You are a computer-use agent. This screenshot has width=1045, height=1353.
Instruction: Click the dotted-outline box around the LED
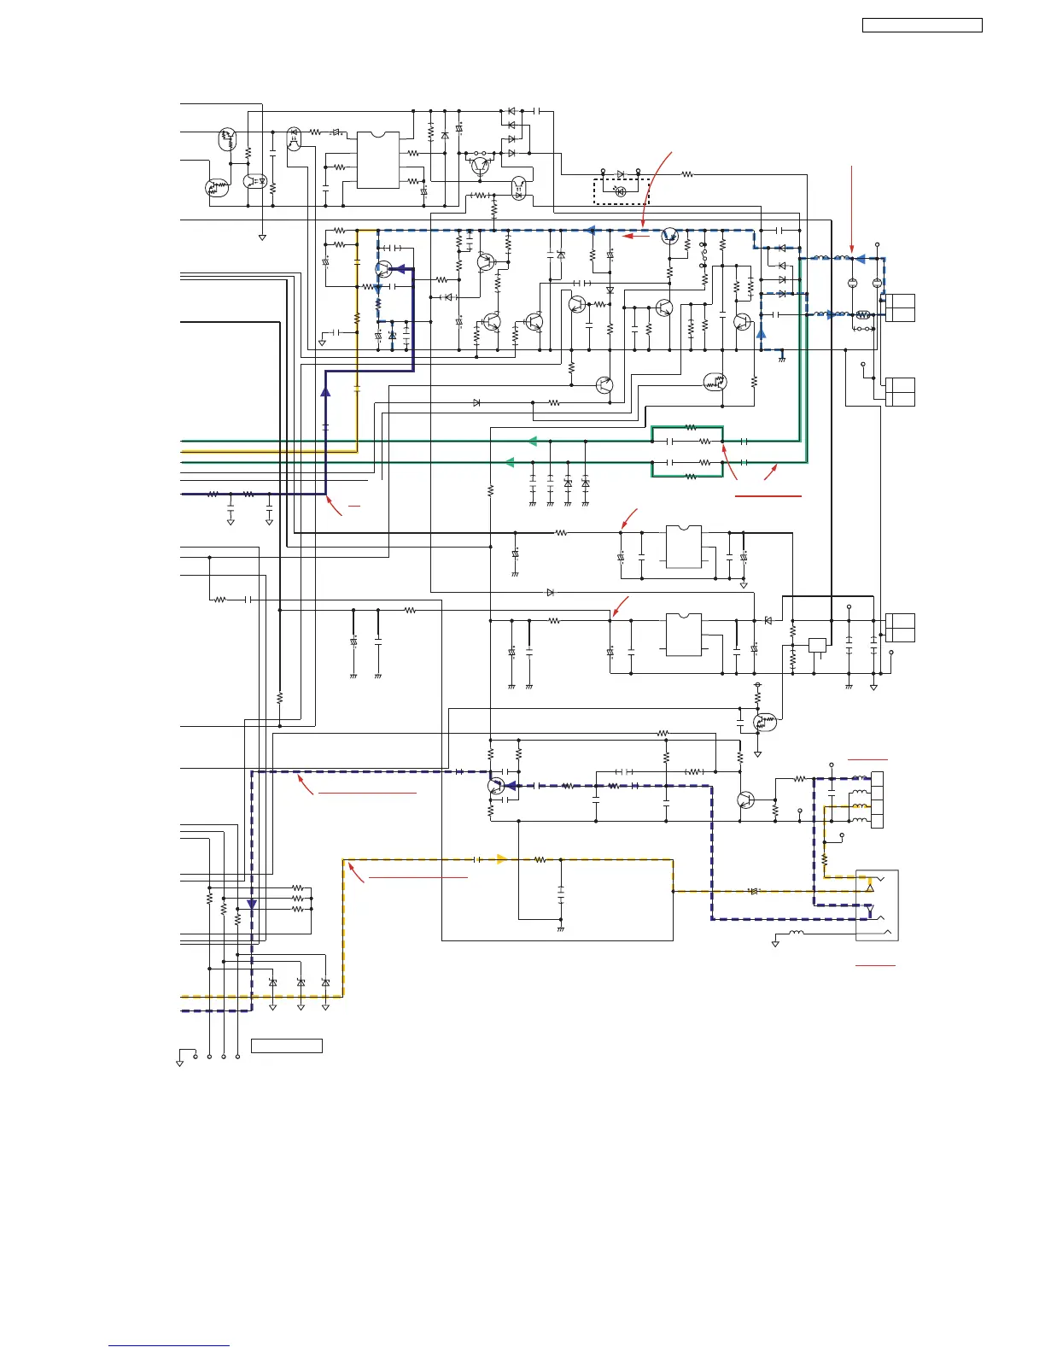click(x=622, y=191)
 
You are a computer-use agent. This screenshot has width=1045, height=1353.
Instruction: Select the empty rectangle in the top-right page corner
click(x=922, y=26)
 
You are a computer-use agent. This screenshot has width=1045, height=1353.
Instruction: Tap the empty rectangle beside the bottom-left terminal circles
click(x=287, y=1045)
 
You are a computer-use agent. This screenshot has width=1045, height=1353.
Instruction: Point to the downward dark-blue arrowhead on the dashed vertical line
click(x=252, y=905)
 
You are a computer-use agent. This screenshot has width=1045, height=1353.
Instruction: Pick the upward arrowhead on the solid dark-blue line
click(x=325, y=390)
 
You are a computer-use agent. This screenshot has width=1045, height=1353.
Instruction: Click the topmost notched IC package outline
click(x=378, y=160)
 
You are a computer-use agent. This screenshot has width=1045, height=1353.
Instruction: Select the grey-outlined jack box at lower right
click(x=877, y=905)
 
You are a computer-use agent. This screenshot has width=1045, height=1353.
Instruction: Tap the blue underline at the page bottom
click(x=169, y=1345)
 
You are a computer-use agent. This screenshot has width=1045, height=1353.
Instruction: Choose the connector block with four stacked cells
click(x=877, y=799)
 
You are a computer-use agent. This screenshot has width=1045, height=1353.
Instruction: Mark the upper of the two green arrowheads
click(x=531, y=441)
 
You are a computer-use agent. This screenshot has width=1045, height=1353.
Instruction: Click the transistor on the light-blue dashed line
click(x=670, y=236)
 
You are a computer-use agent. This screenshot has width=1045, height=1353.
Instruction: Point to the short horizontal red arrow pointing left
click(x=636, y=236)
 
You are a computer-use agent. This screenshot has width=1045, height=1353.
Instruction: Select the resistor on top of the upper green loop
click(x=691, y=427)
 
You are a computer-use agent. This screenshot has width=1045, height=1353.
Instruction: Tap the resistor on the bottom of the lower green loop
click(x=691, y=476)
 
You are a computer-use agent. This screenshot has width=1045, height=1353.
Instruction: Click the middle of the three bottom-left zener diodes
click(x=301, y=983)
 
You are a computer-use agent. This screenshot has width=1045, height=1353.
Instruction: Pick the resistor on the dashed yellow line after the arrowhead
click(x=540, y=859)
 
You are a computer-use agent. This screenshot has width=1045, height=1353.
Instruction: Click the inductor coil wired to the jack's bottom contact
click(x=796, y=932)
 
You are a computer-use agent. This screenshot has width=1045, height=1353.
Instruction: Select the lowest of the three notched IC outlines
click(x=683, y=635)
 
